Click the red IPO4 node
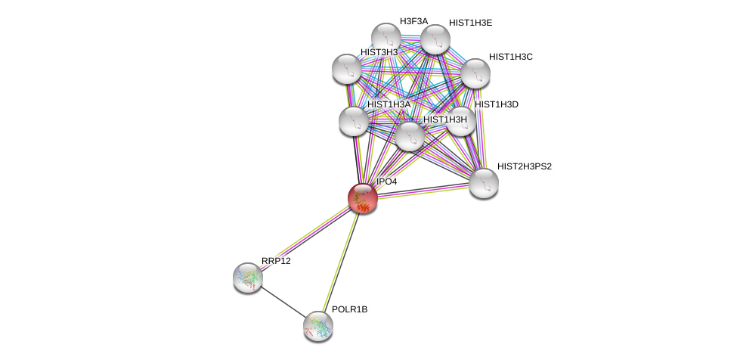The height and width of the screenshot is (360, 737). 362,198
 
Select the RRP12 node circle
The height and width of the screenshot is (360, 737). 247,278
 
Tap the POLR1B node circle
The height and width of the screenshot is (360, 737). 317,326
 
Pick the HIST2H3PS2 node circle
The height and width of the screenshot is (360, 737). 483,183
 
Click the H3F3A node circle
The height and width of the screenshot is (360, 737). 386,38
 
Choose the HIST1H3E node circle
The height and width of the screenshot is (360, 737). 435,40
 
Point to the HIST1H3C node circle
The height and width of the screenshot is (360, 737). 475,73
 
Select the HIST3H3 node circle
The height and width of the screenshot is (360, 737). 347,69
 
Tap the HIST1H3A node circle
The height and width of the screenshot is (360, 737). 353,121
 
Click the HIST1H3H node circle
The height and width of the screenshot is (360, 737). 410,136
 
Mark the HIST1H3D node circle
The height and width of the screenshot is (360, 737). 460,121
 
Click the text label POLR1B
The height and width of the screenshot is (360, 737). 349,309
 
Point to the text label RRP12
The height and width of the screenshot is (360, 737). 276,261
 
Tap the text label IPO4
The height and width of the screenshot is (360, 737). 386,182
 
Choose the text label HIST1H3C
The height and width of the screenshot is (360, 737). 510,57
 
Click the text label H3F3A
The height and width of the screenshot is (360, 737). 413,21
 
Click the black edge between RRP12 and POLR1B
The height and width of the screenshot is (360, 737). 282,302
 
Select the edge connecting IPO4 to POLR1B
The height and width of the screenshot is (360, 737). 340,261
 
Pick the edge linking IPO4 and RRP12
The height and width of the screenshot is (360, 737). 305,237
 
